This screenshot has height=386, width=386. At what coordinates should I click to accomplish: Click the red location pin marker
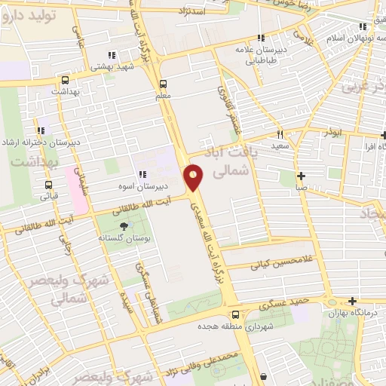tap(194, 179)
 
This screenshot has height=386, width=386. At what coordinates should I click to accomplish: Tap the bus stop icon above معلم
tap(164, 84)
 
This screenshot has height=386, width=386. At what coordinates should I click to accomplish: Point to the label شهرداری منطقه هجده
tap(235, 328)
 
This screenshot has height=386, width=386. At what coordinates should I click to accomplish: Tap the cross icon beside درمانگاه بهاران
tap(352, 301)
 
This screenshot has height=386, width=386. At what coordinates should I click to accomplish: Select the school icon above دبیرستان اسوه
tap(142, 175)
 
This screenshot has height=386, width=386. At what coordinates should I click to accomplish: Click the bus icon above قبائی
tap(49, 185)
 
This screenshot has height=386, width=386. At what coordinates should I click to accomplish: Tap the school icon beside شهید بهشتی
tap(112, 55)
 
